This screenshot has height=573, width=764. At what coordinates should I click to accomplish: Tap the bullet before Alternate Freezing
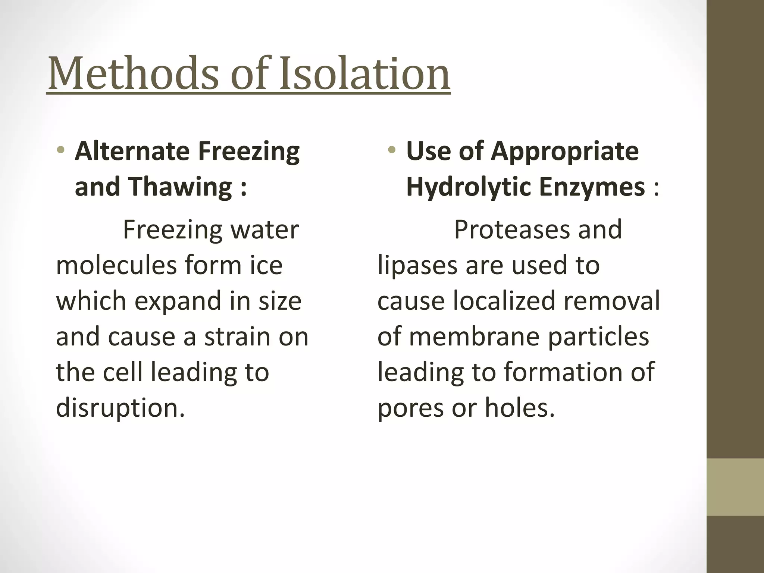60,150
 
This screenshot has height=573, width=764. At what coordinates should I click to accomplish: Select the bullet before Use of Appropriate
391,150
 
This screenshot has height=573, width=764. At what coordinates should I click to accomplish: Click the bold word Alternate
132,151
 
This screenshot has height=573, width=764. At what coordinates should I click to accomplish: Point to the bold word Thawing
181,187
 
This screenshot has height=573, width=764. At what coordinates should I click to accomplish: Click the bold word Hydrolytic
469,187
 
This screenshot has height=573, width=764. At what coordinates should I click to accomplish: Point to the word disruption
120,408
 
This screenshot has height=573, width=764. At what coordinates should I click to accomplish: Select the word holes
520,408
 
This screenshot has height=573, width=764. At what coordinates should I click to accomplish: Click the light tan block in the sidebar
735,487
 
